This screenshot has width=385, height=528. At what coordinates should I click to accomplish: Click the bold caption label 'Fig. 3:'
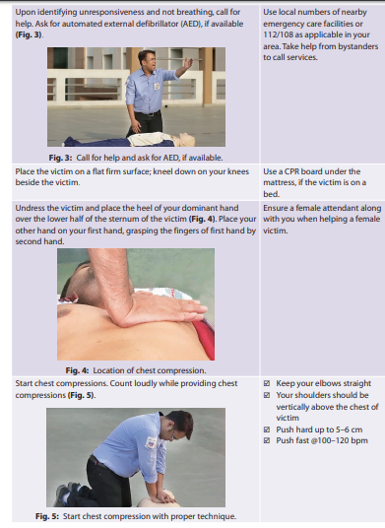click(60, 158)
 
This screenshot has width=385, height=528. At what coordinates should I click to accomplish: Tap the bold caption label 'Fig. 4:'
click(77, 370)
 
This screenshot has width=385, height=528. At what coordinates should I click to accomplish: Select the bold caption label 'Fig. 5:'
click(47, 516)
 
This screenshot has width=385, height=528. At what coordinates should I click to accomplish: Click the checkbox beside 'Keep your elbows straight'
click(267, 383)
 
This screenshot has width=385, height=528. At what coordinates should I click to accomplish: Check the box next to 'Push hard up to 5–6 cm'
click(267, 429)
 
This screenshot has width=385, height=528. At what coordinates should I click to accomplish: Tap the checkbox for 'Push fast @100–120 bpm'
click(267, 440)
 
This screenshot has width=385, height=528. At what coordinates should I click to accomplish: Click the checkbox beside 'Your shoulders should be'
click(267, 395)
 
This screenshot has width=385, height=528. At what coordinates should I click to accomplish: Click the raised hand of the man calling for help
click(188, 62)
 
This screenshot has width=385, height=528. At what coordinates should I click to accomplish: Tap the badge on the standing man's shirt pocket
click(157, 87)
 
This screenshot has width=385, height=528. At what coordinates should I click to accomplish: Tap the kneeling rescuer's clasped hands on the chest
click(164, 496)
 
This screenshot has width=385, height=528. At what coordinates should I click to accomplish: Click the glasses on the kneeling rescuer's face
click(173, 435)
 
